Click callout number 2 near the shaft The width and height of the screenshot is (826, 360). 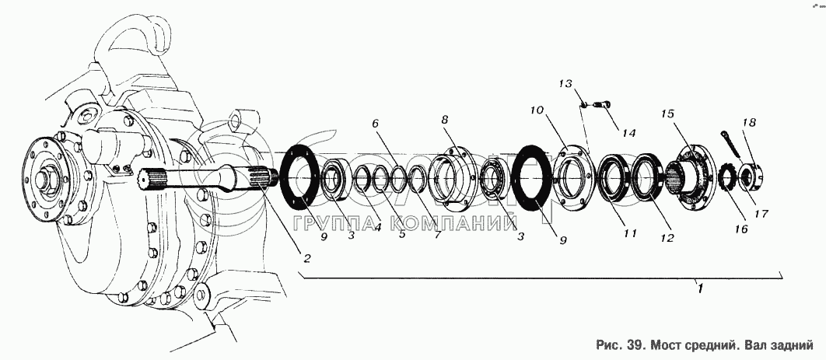click(x=306, y=257)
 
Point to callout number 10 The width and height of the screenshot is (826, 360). click(x=536, y=111)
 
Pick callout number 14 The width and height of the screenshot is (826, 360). click(x=628, y=133)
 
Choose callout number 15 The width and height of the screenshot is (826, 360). click(x=667, y=114)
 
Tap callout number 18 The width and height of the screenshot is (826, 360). click(x=748, y=122)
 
